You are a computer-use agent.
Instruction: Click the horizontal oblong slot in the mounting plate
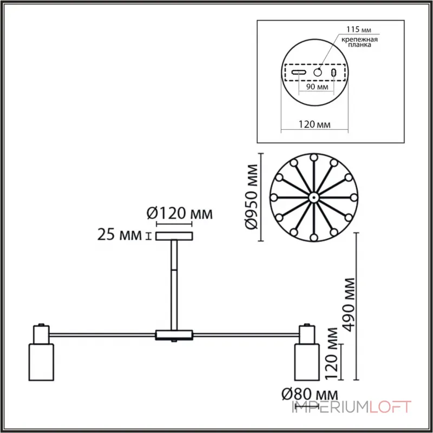(x=298, y=73)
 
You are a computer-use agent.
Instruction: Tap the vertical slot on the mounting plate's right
(x=334, y=73)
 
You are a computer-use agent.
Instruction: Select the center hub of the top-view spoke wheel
(x=313, y=198)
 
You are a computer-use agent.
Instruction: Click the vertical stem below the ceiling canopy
(x=174, y=284)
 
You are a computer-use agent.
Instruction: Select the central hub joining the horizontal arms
(x=173, y=335)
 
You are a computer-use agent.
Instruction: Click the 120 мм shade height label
(x=332, y=352)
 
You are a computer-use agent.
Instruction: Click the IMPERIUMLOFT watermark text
(x=352, y=406)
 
